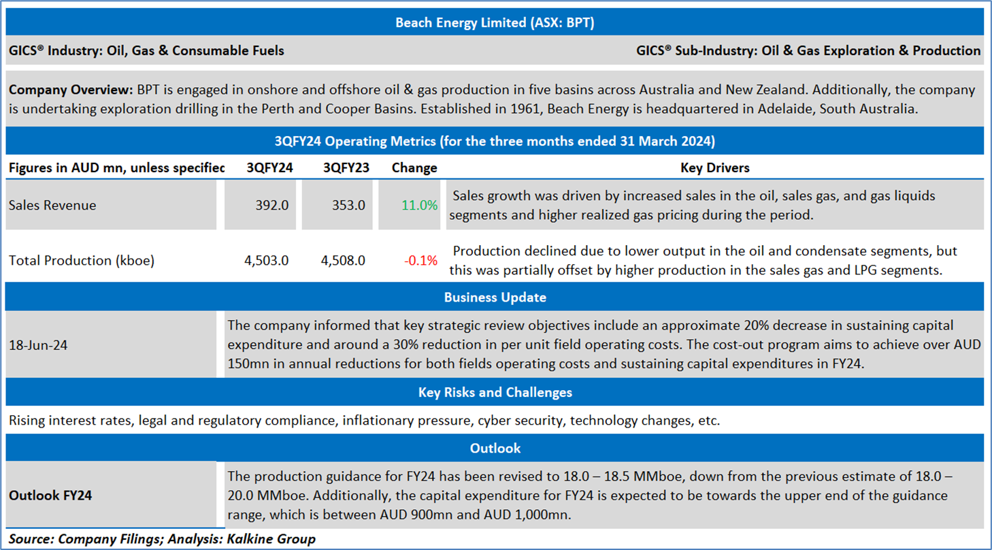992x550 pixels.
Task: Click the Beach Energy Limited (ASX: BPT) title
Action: point(495,22)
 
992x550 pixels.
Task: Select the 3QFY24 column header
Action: point(269,167)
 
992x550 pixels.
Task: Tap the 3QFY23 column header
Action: point(346,167)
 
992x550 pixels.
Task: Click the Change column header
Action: point(414,167)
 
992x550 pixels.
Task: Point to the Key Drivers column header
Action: point(715,167)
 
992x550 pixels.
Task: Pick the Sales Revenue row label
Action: point(52,205)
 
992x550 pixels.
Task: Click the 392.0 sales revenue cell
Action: point(272,205)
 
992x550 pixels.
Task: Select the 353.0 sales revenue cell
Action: point(348,205)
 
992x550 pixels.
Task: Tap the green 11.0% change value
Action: point(419,205)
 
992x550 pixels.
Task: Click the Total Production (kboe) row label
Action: point(82,260)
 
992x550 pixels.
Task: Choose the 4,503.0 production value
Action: point(266,260)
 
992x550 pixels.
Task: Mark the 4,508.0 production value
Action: point(343,260)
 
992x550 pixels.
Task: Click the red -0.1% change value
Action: point(420,260)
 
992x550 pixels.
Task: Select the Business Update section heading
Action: point(495,297)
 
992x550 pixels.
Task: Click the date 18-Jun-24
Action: point(38,345)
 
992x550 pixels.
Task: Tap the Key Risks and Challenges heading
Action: point(495,392)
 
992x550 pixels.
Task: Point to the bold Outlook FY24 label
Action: point(50,495)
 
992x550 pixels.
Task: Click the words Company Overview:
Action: point(71,90)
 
